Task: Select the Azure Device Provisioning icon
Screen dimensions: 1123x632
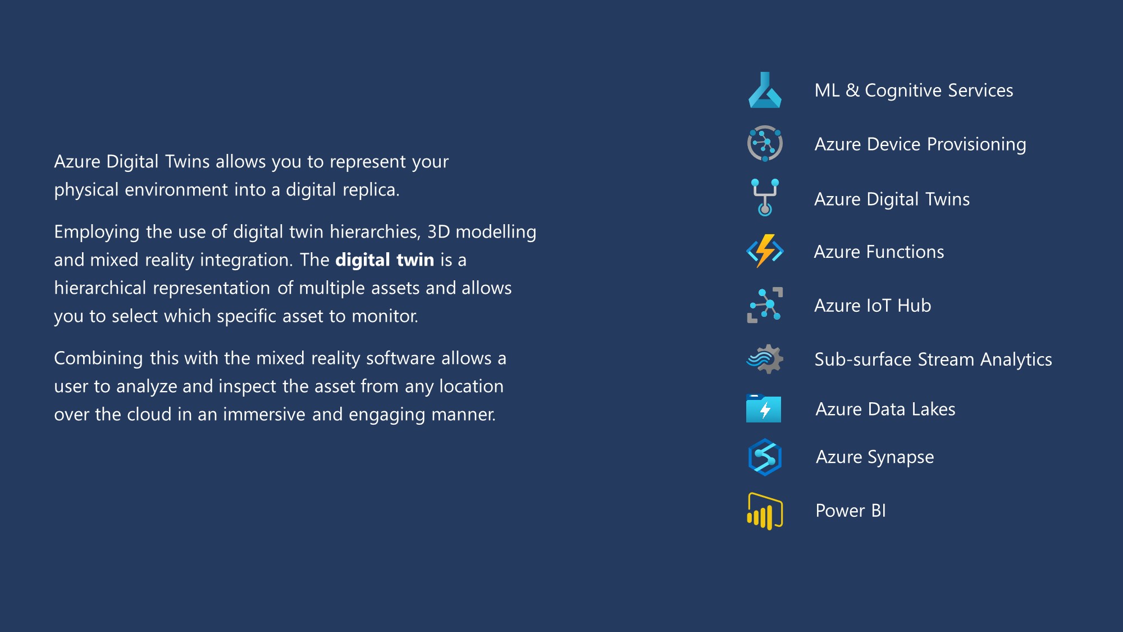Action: (x=765, y=143)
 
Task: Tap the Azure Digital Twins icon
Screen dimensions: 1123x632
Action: (x=765, y=197)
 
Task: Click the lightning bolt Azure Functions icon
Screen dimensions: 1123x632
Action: (x=765, y=251)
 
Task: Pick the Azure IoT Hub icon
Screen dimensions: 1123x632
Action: (x=765, y=305)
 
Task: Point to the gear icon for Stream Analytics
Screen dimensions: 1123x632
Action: (x=765, y=359)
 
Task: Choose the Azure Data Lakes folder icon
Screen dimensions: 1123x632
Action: (x=764, y=408)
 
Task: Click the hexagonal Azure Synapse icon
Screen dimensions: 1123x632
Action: (x=765, y=457)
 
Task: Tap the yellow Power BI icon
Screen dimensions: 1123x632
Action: (x=765, y=511)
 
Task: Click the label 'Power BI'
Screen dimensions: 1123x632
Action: (x=851, y=511)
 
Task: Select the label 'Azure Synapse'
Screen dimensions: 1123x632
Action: (x=875, y=457)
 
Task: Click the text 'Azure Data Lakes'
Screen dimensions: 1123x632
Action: (x=885, y=409)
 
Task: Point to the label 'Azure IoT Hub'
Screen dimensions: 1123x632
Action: (x=873, y=306)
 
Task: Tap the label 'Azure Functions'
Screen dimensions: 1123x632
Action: (x=879, y=252)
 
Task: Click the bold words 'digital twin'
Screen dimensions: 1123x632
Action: (x=385, y=260)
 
